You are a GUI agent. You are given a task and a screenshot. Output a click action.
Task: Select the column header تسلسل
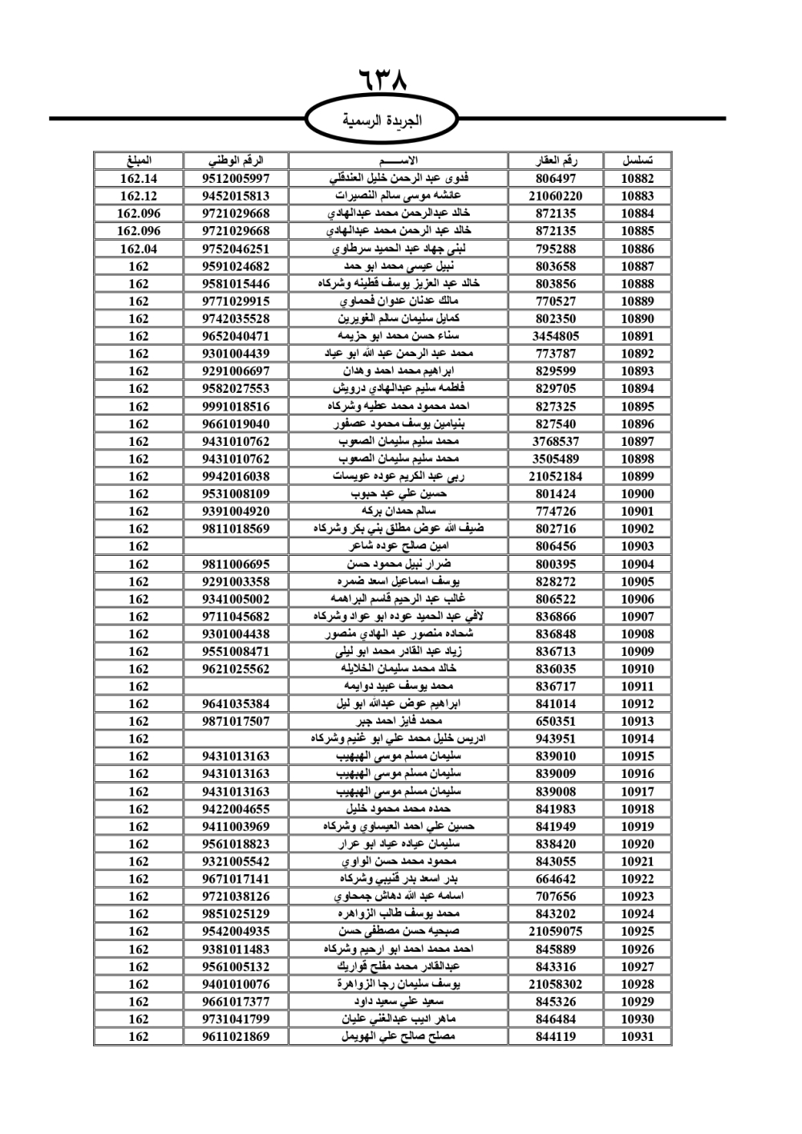637,160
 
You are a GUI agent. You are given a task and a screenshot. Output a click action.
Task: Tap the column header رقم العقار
556,160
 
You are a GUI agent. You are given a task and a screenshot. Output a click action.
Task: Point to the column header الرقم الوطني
236,160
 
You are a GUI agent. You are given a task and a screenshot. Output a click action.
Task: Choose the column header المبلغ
139,160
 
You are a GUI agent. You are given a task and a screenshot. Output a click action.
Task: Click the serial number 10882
637,179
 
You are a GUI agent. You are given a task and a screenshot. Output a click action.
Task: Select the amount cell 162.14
139,179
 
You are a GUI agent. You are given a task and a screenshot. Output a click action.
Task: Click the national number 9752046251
236,249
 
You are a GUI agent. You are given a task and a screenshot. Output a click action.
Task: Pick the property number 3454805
556,336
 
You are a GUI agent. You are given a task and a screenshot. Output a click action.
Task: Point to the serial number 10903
637,546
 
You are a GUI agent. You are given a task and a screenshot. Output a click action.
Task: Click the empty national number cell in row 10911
236,686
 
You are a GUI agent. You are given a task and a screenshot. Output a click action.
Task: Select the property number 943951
556,739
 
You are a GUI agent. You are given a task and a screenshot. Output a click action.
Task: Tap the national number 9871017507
236,721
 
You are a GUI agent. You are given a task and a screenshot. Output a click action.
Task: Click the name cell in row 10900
399,494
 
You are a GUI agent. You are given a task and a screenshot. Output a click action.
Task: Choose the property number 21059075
556,931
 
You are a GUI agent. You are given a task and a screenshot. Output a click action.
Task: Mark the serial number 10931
637,1036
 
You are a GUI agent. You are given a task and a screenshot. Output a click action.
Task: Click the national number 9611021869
236,1036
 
